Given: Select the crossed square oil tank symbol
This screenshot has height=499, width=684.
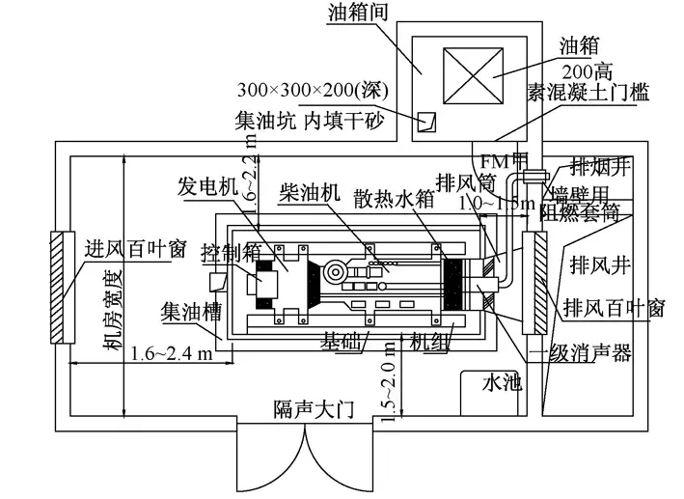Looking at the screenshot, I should [x=461, y=75].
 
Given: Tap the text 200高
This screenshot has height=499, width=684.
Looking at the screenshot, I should [x=588, y=69].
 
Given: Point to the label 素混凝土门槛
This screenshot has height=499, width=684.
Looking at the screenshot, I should [x=588, y=94].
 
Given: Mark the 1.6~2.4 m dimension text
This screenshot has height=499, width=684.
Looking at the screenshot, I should [x=173, y=352].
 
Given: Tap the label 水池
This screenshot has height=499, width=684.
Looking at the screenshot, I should [x=501, y=383].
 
